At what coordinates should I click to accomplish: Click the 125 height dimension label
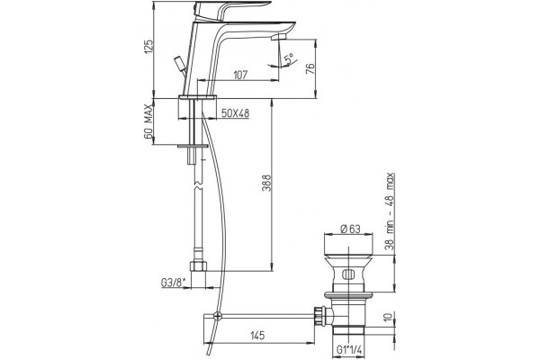(x=148, y=47)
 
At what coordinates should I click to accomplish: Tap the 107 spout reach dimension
(x=240, y=75)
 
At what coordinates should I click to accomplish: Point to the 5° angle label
(x=289, y=58)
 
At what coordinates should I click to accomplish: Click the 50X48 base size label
(x=235, y=113)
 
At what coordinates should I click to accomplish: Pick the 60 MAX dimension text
(x=148, y=121)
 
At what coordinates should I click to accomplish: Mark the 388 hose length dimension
(x=267, y=184)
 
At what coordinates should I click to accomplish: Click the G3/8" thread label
(x=173, y=283)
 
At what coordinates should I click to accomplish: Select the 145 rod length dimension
(x=257, y=335)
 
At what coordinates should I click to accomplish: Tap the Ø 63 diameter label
(x=350, y=229)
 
